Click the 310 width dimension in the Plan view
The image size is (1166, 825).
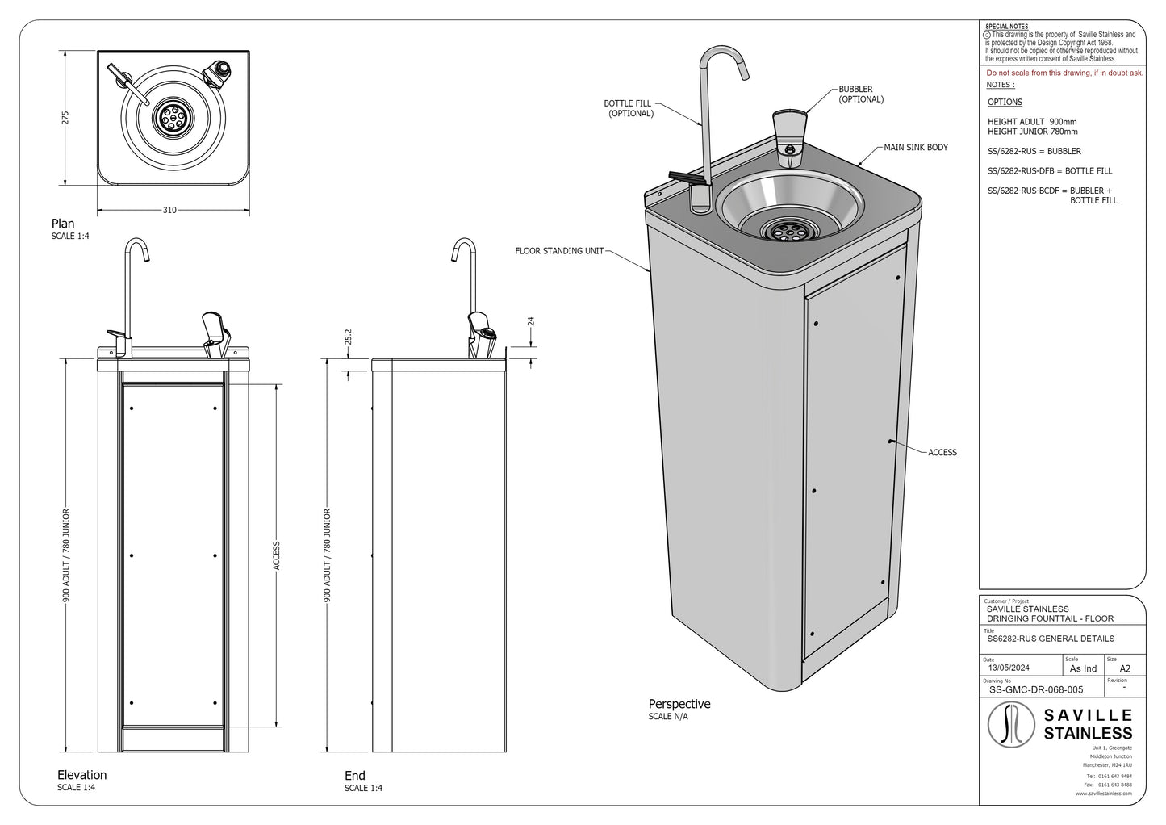pyautogui.click(x=169, y=211)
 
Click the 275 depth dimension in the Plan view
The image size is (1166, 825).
pyautogui.click(x=67, y=118)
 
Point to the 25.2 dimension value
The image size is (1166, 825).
pyautogui.click(x=347, y=337)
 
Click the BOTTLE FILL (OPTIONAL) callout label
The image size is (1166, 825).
pyautogui.click(x=629, y=109)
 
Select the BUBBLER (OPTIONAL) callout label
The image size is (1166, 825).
pyautogui.click(x=860, y=94)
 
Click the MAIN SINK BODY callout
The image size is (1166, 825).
pyautogui.click(x=916, y=148)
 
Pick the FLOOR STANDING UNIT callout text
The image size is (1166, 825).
pyautogui.click(x=559, y=252)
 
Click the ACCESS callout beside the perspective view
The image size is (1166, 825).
pyautogui.click(x=942, y=453)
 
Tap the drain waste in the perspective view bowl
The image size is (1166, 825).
pyautogui.click(x=781, y=231)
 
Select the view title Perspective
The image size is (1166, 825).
pyautogui.click(x=679, y=704)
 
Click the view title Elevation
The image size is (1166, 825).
pyautogui.click(x=81, y=775)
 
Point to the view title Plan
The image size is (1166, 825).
pyautogui.click(x=63, y=224)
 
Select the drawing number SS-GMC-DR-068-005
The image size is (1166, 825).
pyautogui.click(x=1035, y=690)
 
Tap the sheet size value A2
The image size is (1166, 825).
pyautogui.click(x=1125, y=668)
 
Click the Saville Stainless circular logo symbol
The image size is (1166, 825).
pyautogui.click(x=1011, y=724)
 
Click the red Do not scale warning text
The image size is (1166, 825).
pyautogui.click(x=1064, y=73)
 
